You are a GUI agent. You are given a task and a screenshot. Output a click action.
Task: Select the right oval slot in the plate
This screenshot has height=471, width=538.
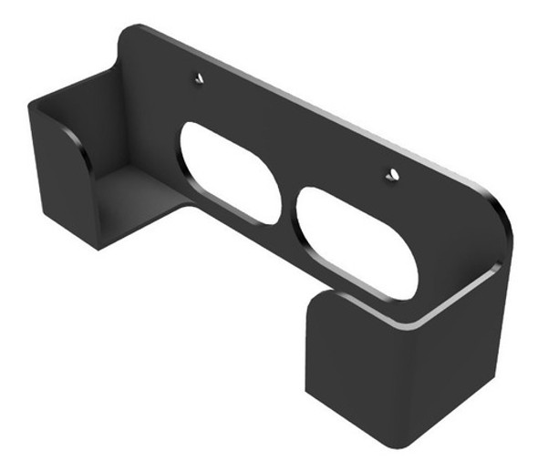[357, 241]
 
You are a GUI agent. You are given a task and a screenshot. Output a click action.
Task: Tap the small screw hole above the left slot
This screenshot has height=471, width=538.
[198, 79]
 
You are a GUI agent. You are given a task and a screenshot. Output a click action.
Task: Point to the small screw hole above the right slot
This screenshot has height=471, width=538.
[391, 173]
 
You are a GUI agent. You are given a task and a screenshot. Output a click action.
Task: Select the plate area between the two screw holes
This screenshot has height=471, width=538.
[292, 128]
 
